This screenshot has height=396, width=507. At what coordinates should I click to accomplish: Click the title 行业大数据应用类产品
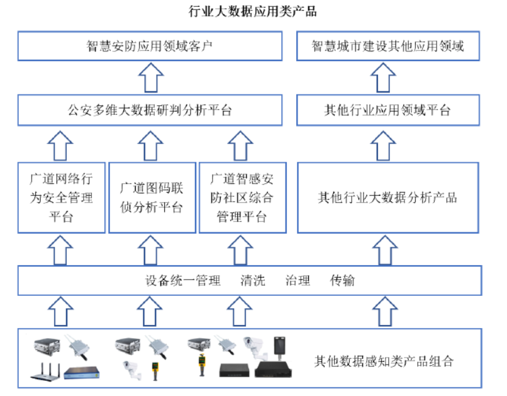coord(253,11)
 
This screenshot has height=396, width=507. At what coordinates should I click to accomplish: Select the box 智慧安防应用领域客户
coord(150,47)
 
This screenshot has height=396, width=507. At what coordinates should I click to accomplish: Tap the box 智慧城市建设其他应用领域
coord(387,47)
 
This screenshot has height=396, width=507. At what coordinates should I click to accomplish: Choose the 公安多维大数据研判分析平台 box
coord(150,111)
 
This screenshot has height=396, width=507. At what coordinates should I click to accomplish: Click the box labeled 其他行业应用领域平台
coord(387,111)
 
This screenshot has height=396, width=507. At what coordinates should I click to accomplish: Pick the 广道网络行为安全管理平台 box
coord(61,198)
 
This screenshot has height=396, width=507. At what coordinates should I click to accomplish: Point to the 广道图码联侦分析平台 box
coord(151,198)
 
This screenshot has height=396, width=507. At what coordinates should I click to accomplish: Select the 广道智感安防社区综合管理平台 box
coord(242,198)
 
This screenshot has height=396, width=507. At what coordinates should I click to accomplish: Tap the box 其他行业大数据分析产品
coord(387,198)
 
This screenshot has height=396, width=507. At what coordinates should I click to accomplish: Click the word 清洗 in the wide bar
coord(252,281)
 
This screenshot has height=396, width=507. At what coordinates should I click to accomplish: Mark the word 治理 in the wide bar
coord(298,281)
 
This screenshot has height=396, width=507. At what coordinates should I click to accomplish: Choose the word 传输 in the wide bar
coord(343,281)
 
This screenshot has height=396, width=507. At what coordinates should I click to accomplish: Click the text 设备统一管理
coord(183,281)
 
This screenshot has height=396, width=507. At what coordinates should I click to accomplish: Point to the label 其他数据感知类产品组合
coord(384,361)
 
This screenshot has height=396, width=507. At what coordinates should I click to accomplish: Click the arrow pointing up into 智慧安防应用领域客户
coord(150,78)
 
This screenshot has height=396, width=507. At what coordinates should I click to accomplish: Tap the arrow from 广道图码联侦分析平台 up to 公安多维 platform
coord(151,144)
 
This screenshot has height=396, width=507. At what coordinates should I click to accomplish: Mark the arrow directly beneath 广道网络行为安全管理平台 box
coord(61,250)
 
